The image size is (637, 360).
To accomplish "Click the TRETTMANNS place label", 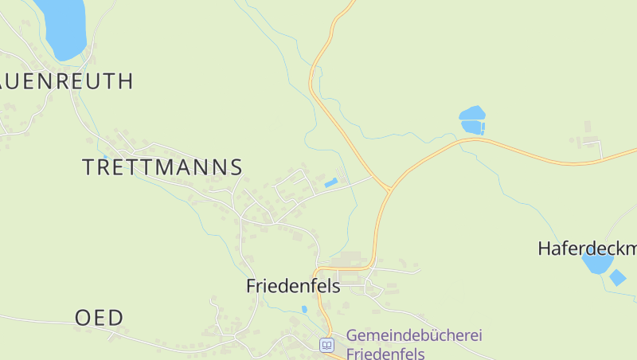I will coord(162,167).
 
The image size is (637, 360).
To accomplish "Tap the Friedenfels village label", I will coord(293,286).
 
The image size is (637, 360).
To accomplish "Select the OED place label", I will coord(100,318).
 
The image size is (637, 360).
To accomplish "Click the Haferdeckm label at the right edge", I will coord(587,248).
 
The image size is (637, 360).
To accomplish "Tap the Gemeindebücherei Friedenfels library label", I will coord(414,344).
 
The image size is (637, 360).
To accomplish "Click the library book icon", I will coord(326,345).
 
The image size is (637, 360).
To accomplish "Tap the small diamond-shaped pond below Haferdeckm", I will coord(617,277).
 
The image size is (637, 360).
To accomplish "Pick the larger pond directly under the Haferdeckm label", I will coord(596,262).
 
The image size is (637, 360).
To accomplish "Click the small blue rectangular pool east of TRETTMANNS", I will coord(331,183).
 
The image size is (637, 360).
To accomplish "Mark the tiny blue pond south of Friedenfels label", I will coord(304,309).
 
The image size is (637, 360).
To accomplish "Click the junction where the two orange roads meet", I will coord(389,190).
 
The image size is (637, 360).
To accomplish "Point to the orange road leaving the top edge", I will coord(348,6).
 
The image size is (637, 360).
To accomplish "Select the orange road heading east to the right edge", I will coord(557,161).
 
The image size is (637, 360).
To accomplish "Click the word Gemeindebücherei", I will coord(414,335).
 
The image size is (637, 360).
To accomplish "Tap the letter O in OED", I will coord(83,318).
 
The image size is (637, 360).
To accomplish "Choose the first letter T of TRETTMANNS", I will coord(89,167).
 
